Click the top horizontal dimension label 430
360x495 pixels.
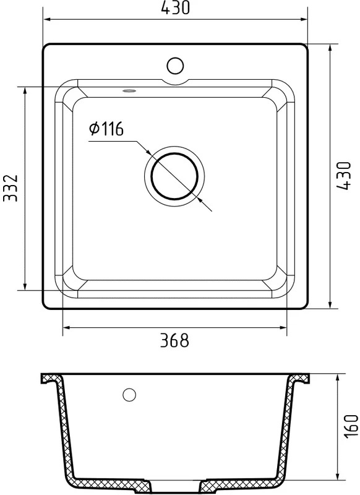(x=175, y=7)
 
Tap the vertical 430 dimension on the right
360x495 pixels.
(x=343, y=176)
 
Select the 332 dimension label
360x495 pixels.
(x=11, y=187)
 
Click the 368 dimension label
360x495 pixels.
(x=174, y=340)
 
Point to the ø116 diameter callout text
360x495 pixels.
(x=106, y=129)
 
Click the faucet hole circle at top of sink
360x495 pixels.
(x=175, y=66)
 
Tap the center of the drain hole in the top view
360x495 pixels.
(x=175, y=176)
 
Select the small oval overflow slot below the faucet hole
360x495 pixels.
(x=129, y=91)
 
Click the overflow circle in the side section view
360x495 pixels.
(x=129, y=395)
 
